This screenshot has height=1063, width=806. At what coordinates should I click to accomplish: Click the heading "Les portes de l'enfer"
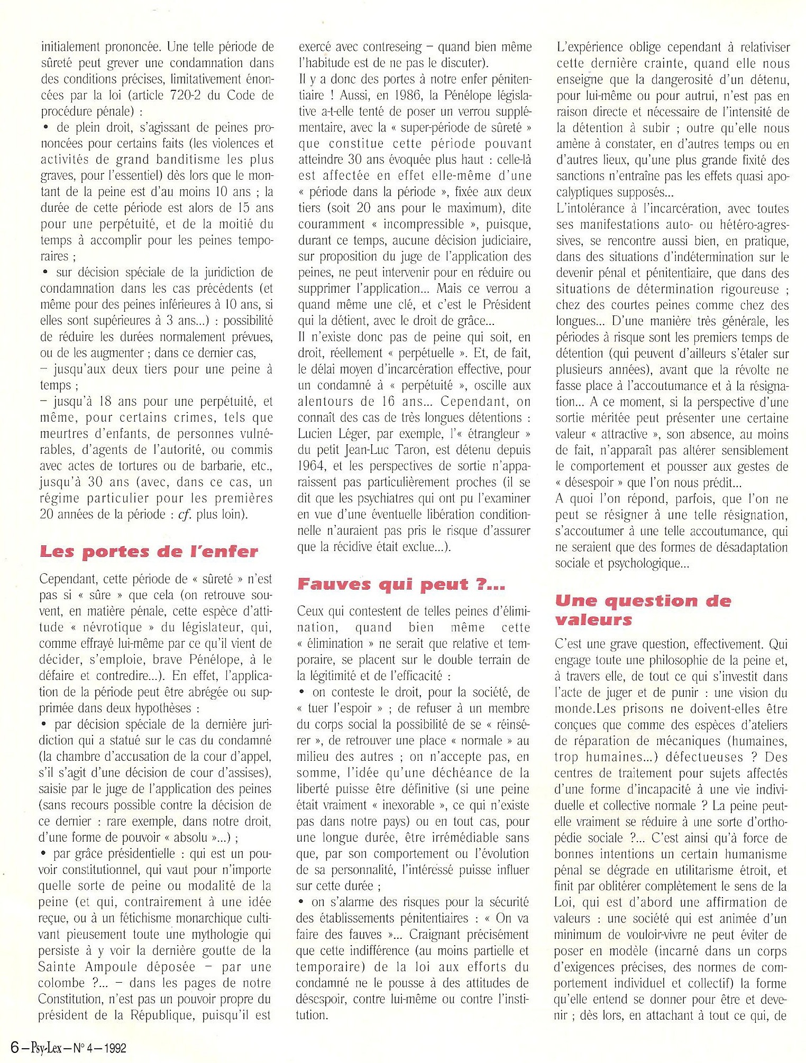149,552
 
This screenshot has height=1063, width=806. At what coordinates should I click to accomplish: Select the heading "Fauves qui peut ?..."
401,584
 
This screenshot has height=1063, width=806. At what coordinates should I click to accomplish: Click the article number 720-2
199,96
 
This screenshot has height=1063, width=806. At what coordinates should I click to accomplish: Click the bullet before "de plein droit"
46,127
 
